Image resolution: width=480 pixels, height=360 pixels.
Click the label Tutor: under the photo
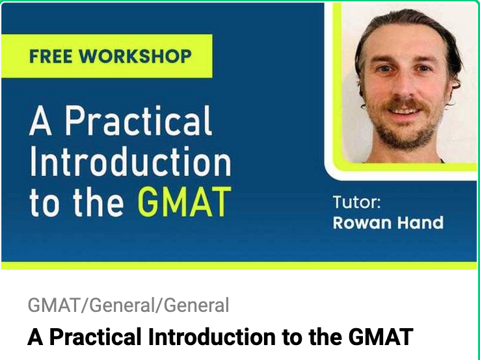[x=356, y=201]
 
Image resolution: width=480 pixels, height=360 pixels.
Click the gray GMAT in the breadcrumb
[x=56, y=305]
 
